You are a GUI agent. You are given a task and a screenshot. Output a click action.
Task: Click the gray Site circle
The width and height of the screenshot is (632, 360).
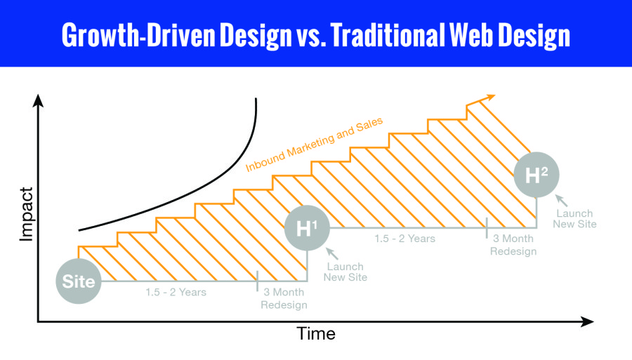point(78,281)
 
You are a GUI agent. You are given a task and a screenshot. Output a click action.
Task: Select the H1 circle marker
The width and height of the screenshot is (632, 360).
point(307,228)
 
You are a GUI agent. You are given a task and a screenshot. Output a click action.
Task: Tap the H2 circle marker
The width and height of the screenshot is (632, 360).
point(536,175)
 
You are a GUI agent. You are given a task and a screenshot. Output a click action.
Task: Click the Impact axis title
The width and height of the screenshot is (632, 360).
point(26,214)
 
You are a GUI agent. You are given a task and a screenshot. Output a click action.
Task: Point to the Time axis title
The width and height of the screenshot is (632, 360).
point(316,333)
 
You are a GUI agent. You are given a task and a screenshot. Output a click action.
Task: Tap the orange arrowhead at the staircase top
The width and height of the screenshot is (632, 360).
point(489,98)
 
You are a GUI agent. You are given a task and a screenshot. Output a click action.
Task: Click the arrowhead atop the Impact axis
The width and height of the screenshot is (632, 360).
point(38,100)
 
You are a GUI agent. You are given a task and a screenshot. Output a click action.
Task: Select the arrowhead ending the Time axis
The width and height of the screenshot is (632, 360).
point(587,321)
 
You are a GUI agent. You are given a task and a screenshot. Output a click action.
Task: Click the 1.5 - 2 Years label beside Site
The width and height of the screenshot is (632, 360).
point(176,292)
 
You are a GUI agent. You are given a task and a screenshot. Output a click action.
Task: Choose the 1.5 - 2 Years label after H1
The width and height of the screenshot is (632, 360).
point(404,239)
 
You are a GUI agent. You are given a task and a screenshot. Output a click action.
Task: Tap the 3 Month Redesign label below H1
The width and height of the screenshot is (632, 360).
point(284,298)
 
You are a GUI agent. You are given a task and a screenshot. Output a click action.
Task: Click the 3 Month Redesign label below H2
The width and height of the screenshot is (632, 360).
point(513,245)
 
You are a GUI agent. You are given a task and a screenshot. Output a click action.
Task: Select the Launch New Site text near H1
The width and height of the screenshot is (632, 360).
point(345,272)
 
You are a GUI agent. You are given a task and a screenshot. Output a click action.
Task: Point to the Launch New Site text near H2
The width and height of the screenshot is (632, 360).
point(574,219)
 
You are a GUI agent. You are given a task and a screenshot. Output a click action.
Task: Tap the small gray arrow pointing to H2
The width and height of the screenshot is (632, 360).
point(561,200)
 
